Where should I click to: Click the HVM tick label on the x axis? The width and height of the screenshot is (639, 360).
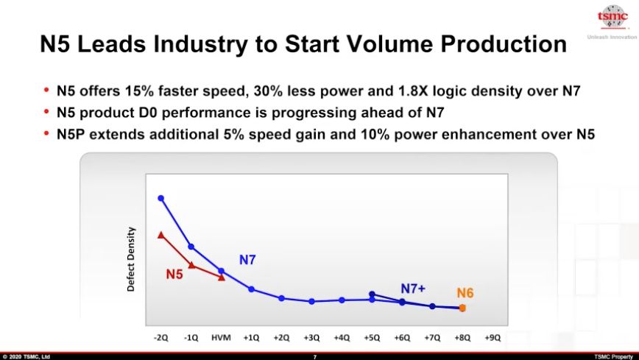click(x=221, y=338)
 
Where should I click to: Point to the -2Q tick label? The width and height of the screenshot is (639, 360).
click(x=160, y=338)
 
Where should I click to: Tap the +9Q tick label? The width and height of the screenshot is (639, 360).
click(x=493, y=338)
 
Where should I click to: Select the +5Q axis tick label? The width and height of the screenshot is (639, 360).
click(x=372, y=338)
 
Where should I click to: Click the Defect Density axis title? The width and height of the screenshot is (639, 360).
click(x=131, y=258)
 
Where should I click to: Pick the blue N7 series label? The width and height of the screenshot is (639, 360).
click(x=247, y=259)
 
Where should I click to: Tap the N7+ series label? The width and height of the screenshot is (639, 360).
click(x=413, y=288)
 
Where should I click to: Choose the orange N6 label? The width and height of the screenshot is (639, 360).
click(x=465, y=293)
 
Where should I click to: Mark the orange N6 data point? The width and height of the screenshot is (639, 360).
click(x=462, y=308)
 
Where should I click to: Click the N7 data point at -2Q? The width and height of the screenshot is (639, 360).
click(x=160, y=198)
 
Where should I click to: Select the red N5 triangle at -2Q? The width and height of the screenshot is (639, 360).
click(x=160, y=235)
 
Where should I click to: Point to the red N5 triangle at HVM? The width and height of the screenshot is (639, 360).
click(x=221, y=277)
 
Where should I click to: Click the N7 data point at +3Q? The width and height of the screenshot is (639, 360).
click(x=311, y=301)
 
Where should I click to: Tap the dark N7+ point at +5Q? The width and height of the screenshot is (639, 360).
click(x=372, y=294)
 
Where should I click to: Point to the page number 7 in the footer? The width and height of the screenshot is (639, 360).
click(x=315, y=356)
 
